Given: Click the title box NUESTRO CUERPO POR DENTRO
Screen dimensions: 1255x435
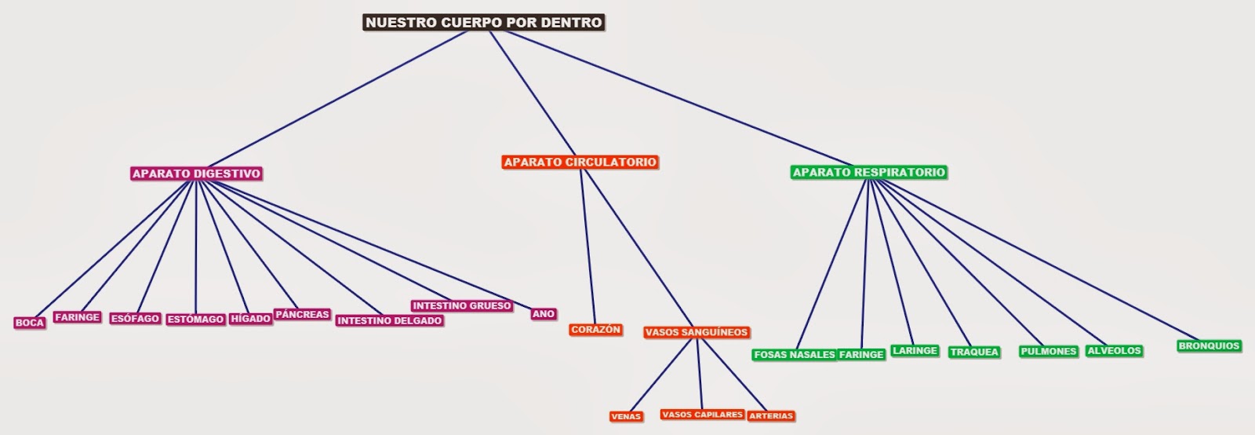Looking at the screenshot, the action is click(x=484, y=23).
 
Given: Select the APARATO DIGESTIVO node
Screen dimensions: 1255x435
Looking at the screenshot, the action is click(x=196, y=174).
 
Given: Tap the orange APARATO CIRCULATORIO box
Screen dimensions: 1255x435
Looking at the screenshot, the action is click(x=580, y=163).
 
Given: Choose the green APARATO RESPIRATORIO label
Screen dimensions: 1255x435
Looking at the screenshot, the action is click(x=868, y=173).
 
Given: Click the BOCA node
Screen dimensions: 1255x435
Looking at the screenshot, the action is click(x=30, y=323).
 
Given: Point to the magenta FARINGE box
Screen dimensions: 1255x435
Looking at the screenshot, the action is click(x=77, y=317).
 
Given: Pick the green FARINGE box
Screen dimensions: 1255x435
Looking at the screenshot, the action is click(x=861, y=355).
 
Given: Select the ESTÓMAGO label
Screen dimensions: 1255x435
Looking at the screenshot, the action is click(x=195, y=320).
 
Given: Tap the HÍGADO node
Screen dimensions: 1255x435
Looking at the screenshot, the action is click(x=250, y=319).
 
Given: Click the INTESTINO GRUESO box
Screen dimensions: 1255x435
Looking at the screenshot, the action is click(x=461, y=305).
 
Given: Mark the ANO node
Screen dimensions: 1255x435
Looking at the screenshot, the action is click(x=543, y=314).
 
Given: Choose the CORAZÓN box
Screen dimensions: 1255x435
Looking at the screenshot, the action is click(x=595, y=330).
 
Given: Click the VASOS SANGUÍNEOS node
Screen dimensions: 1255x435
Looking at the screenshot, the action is click(x=696, y=332).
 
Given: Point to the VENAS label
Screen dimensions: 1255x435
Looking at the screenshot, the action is click(x=626, y=416).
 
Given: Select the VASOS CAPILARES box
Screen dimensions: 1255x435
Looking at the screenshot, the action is click(x=701, y=415).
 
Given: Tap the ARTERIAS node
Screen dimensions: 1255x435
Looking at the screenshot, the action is click(x=771, y=416).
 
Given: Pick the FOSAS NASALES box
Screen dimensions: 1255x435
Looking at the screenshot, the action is click(x=794, y=355).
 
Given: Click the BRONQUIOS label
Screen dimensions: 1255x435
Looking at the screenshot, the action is click(x=1209, y=346).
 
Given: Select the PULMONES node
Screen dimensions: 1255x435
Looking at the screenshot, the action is click(x=1048, y=352).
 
